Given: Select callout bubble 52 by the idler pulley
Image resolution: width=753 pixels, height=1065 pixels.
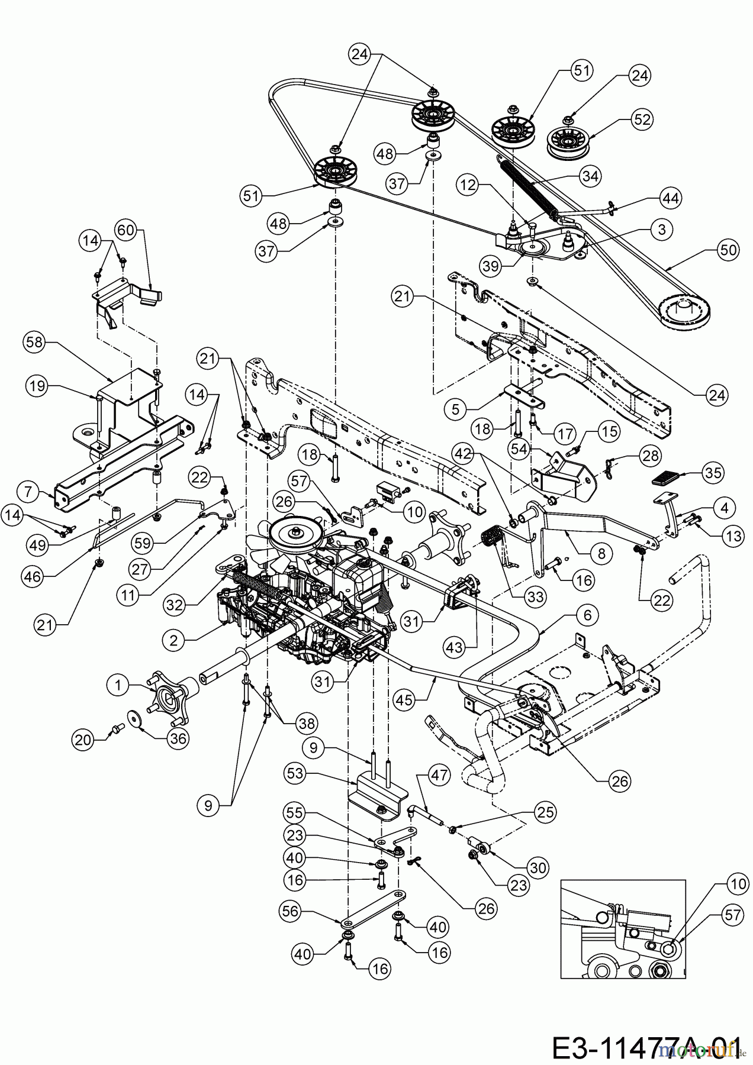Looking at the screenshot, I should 641,119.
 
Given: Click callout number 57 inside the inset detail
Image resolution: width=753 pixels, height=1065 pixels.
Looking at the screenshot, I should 732,915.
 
